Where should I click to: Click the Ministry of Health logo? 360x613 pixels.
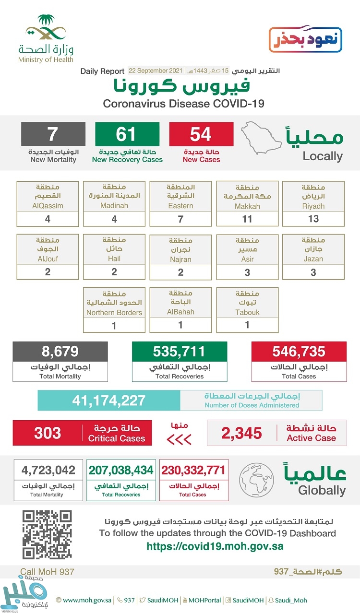click(46, 38)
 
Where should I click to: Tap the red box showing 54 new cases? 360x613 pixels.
click(201, 134)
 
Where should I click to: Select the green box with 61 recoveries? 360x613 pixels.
click(127, 134)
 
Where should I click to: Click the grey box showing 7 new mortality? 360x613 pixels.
click(53, 134)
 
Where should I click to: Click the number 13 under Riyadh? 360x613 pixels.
click(313, 219)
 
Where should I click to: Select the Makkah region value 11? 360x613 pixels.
click(247, 219)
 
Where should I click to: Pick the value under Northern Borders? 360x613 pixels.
click(114, 325)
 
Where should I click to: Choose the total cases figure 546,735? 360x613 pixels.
click(299, 352)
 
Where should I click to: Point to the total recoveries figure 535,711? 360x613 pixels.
click(179, 352)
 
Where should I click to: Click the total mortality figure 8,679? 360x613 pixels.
click(60, 352)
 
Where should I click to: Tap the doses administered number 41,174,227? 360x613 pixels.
click(109, 400)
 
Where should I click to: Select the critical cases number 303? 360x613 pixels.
click(48, 433)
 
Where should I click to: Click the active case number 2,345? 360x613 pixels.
click(242, 433)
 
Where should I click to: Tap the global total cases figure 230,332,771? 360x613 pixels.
click(192, 470)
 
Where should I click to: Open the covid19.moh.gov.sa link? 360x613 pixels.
click(215, 546)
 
